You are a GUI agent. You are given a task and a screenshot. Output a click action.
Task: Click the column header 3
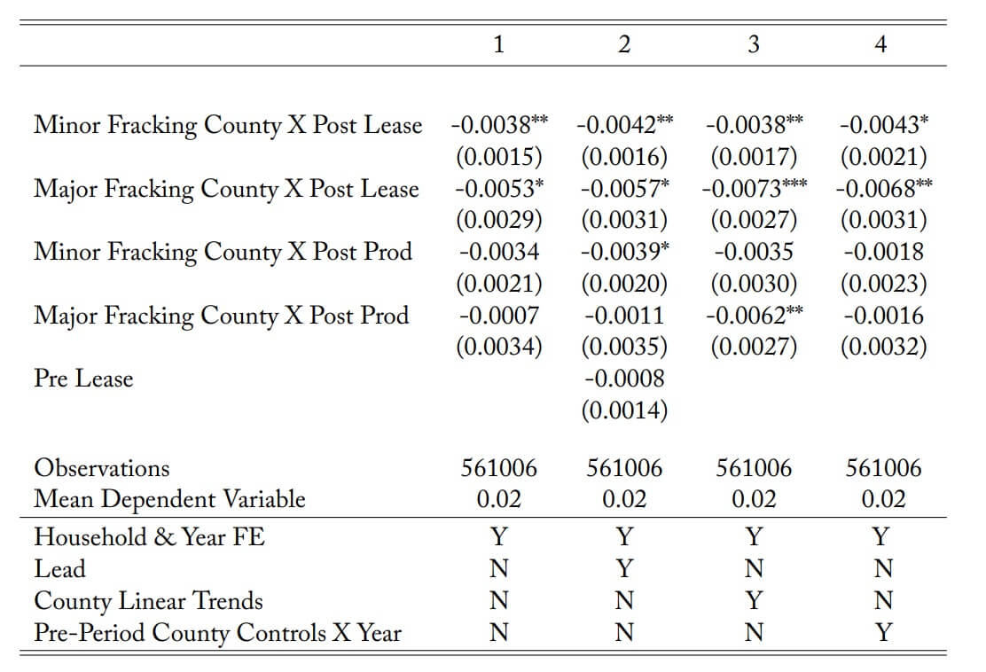(x=754, y=44)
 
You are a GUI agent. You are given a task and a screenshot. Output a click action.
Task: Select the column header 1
(x=498, y=44)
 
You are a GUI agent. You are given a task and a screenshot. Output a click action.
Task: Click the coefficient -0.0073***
(x=754, y=188)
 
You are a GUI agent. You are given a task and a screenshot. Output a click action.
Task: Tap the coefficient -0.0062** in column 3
(x=754, y=315)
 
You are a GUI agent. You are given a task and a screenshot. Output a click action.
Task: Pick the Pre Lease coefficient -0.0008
(x=624, y=379)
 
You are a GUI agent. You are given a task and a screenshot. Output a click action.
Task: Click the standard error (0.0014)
(x=624, y=410)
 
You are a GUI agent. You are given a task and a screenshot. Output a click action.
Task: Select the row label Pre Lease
(x=83, y=379)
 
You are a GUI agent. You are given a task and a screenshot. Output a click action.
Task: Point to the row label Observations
(x=102, y=468)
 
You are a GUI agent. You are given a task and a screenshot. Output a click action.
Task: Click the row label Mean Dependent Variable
(x=169, y=499)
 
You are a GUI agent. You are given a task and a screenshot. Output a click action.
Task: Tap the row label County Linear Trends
(x=148, y=600)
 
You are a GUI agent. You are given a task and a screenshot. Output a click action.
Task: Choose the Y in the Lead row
(x=624, y=568)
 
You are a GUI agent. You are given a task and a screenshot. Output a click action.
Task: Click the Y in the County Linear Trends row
(x=754, y=600)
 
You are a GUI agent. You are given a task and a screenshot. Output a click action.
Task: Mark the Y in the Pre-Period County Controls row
(x=883, y=632)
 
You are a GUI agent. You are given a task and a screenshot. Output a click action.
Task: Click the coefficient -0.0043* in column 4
(x=883, y=124)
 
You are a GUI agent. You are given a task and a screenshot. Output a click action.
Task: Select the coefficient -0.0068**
(x=883, y=188)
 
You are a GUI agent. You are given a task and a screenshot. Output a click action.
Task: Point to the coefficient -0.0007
(x=498, y=315)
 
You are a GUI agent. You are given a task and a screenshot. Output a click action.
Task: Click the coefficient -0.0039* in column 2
(x=624, y=252)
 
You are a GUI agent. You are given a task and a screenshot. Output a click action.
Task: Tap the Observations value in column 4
(x=883, y=468)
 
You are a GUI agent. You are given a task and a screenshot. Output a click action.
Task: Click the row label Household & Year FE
(x=150, y=537)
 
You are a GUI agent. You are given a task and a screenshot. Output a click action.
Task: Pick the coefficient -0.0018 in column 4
(x=883, y=252)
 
